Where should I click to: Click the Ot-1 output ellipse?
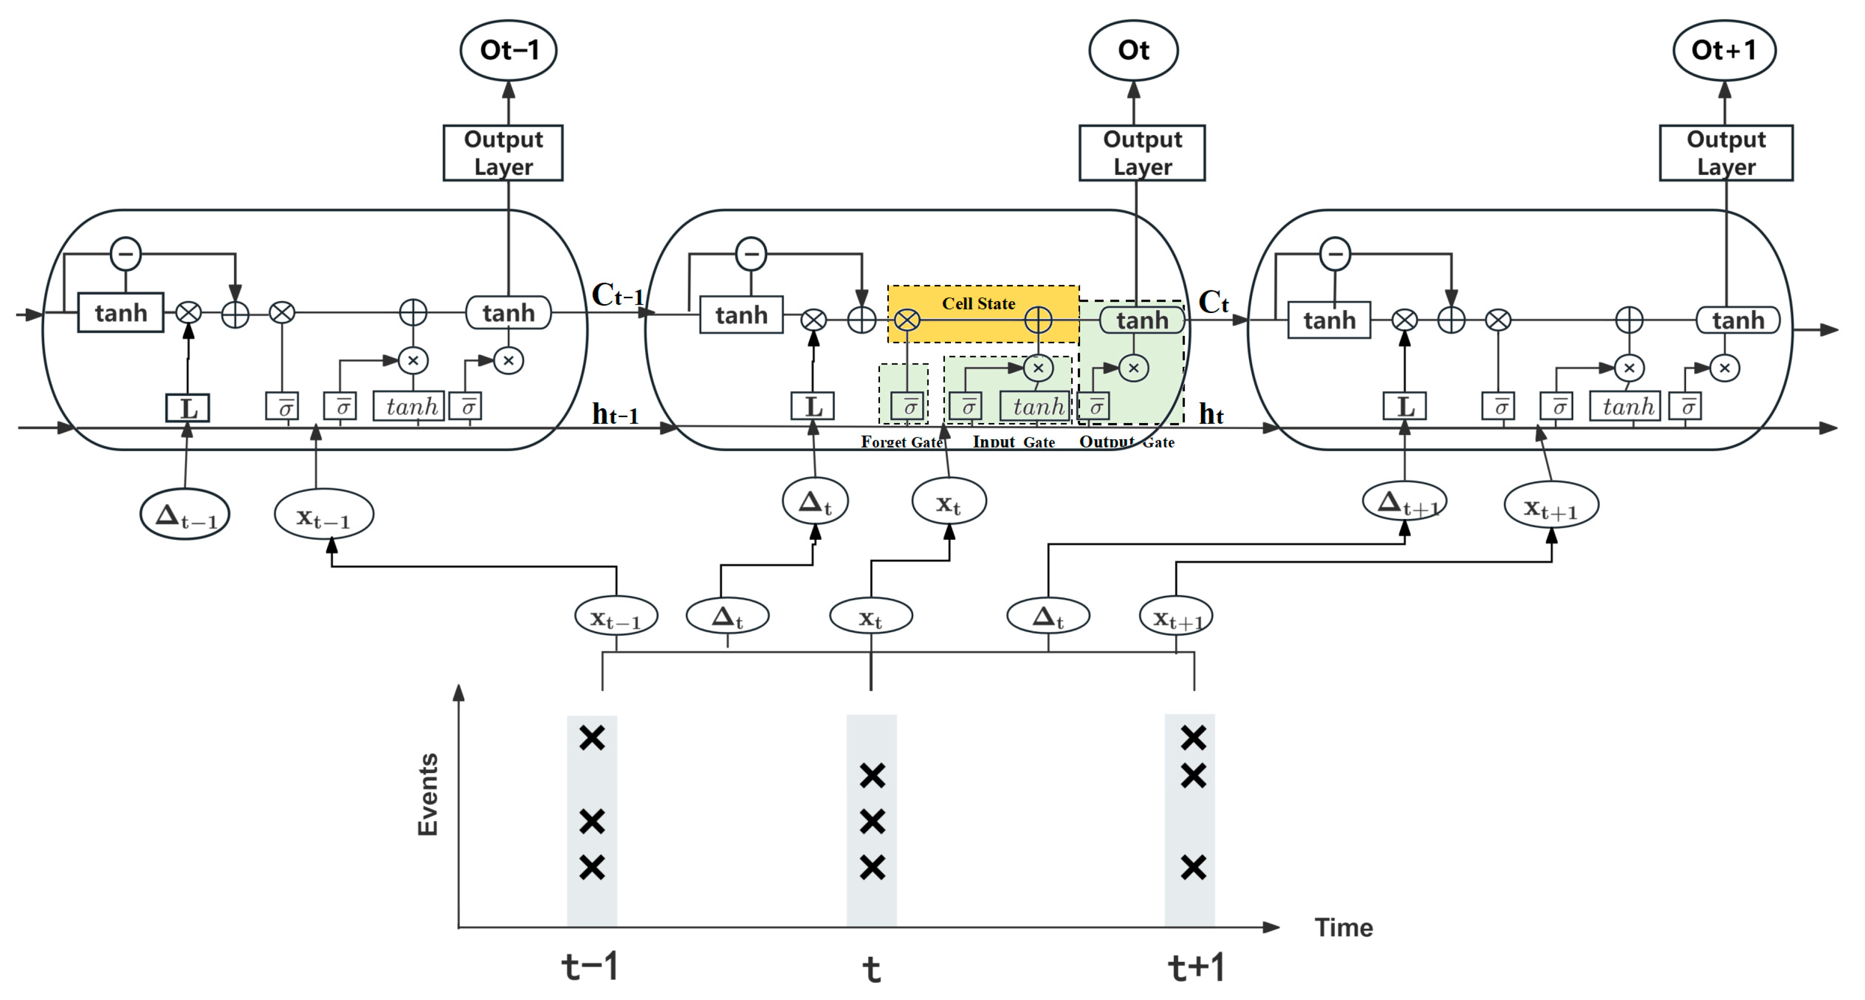tap(508, 50)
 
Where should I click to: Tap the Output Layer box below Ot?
tap(1142, 153)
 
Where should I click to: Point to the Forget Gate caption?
tap(901, 441)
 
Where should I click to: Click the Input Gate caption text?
tap(1014, 441)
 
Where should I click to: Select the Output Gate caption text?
tap(1127, 441)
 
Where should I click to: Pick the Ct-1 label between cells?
tap(617, 295)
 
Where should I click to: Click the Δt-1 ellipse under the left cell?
tap(185, 515)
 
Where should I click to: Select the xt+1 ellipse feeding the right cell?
tap(1551, 506)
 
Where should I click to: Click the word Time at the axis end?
tap(1343, 927)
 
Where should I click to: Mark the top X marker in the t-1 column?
tap(592, 738)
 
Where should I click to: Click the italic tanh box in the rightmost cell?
tap(1628, 407)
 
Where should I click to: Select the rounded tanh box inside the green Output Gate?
tap(1142, 320)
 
